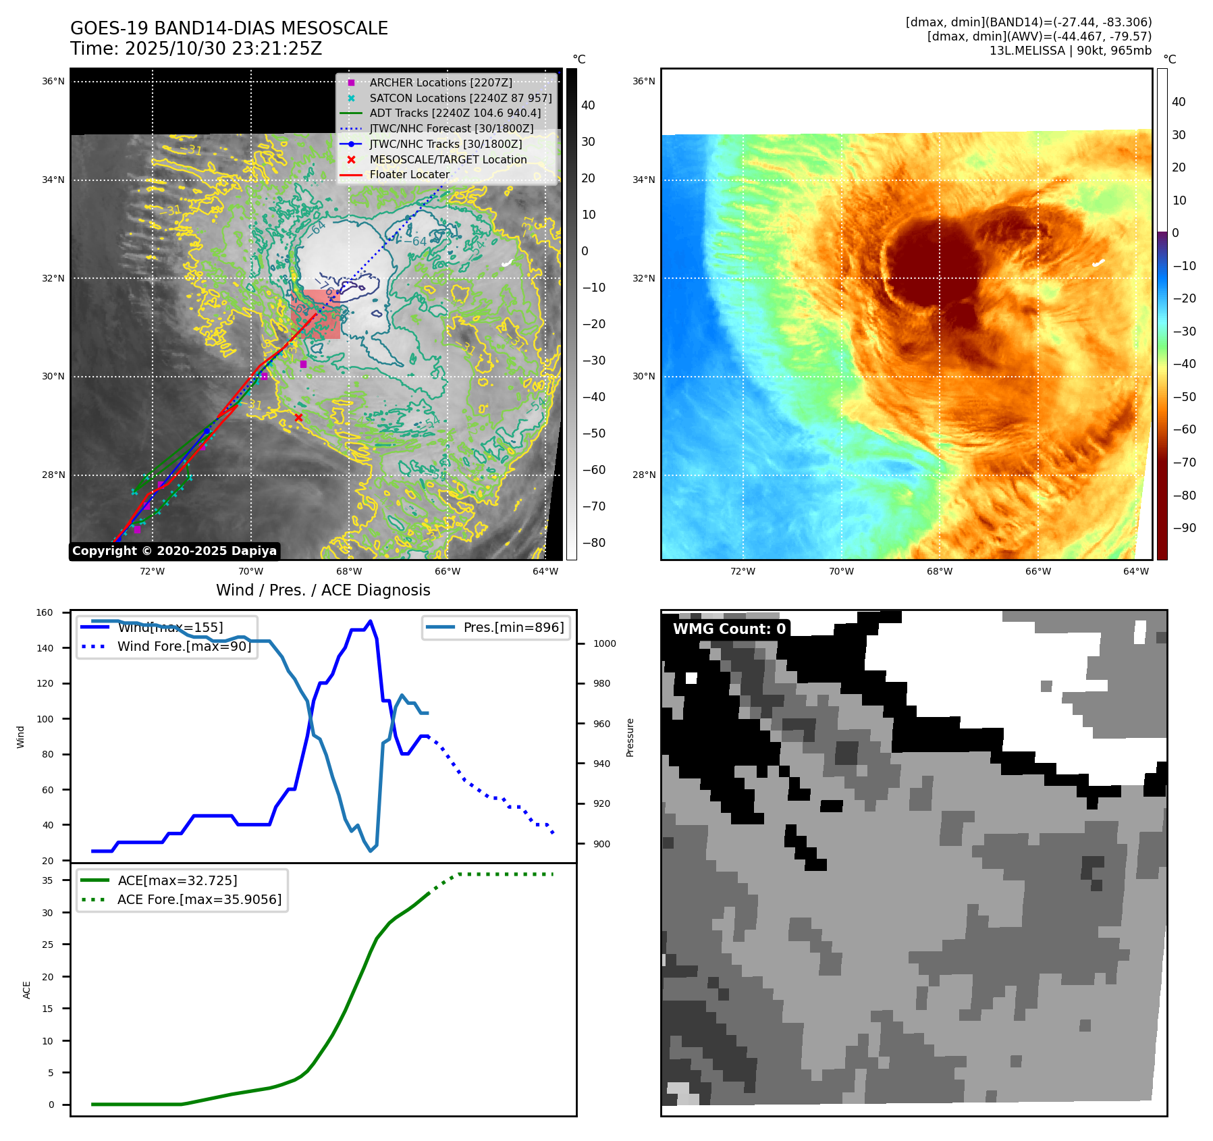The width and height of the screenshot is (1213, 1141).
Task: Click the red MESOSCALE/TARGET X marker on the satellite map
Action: (x=298, y=418)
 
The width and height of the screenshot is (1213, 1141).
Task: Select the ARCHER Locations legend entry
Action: (x=440, y=82)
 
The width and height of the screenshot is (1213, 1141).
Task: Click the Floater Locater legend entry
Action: (x=409, y=174)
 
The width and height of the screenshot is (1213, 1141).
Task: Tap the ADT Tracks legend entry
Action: (x=454, y=113)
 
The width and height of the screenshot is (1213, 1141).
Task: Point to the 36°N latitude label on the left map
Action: (x=53, y=82)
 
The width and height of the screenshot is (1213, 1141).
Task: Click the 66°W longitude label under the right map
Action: (x=1037, y=571)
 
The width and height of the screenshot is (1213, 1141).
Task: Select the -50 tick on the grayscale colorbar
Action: (x=593, y=433)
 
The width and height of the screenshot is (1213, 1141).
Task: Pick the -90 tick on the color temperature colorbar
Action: (x=1184, y=528)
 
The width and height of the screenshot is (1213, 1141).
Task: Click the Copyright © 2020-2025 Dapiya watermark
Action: (x=174, y=551)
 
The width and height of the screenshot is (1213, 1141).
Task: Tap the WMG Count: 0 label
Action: (x=729, y=629)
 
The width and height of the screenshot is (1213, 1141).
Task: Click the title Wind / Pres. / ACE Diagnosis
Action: (x=323, y=590)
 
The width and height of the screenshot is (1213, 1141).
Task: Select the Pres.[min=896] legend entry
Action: (x=513, y=627)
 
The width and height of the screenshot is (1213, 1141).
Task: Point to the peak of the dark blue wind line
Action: (x=370, y=621)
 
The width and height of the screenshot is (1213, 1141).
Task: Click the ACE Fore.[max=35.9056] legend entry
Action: (x=199, y=899)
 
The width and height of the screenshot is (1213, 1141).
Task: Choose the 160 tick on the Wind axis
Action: (x=45, y=613)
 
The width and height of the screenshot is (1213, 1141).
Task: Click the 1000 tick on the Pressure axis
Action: (x=604, y=644)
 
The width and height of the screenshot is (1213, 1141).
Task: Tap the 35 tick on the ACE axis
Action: (x=47, y=880)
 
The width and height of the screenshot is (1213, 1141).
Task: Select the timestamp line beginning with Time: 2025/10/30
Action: (x=196, y=49)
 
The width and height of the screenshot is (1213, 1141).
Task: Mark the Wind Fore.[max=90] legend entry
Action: (x=184, y=646)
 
